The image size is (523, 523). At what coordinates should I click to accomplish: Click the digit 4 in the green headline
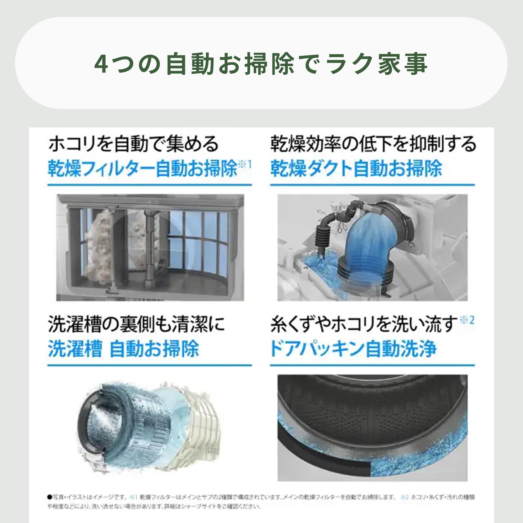click(x=101, y=64)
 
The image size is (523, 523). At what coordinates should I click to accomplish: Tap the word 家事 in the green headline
click(x=402, y=64)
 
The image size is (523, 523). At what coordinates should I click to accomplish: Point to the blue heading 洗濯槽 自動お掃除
click(x=123, y=349)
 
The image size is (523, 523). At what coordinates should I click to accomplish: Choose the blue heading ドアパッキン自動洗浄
click(x=353, y=349)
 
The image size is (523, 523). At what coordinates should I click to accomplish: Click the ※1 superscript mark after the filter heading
click(x=245, y=164)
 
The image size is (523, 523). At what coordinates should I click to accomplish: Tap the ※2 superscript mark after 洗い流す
click(x=467, y=321)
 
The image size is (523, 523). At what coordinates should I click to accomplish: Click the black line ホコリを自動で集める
click(x=133, y=144)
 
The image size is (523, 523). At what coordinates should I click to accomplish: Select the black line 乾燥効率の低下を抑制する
click(x=373, y=144)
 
